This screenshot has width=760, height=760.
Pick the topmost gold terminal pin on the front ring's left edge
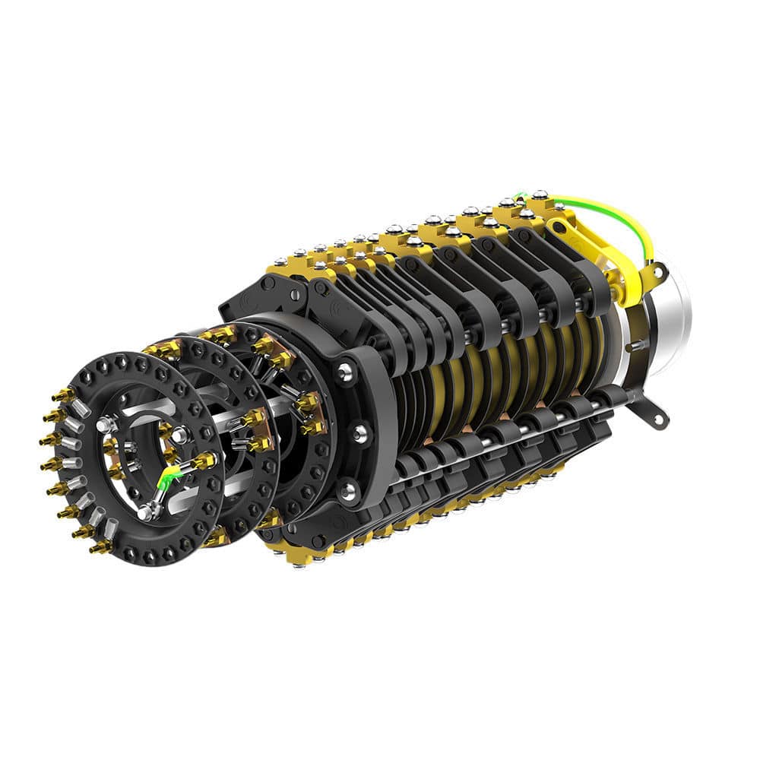[x=62, y=395]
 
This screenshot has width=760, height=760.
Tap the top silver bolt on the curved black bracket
[x=345, y=372]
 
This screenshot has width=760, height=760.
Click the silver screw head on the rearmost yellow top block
[x=539, y=195]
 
